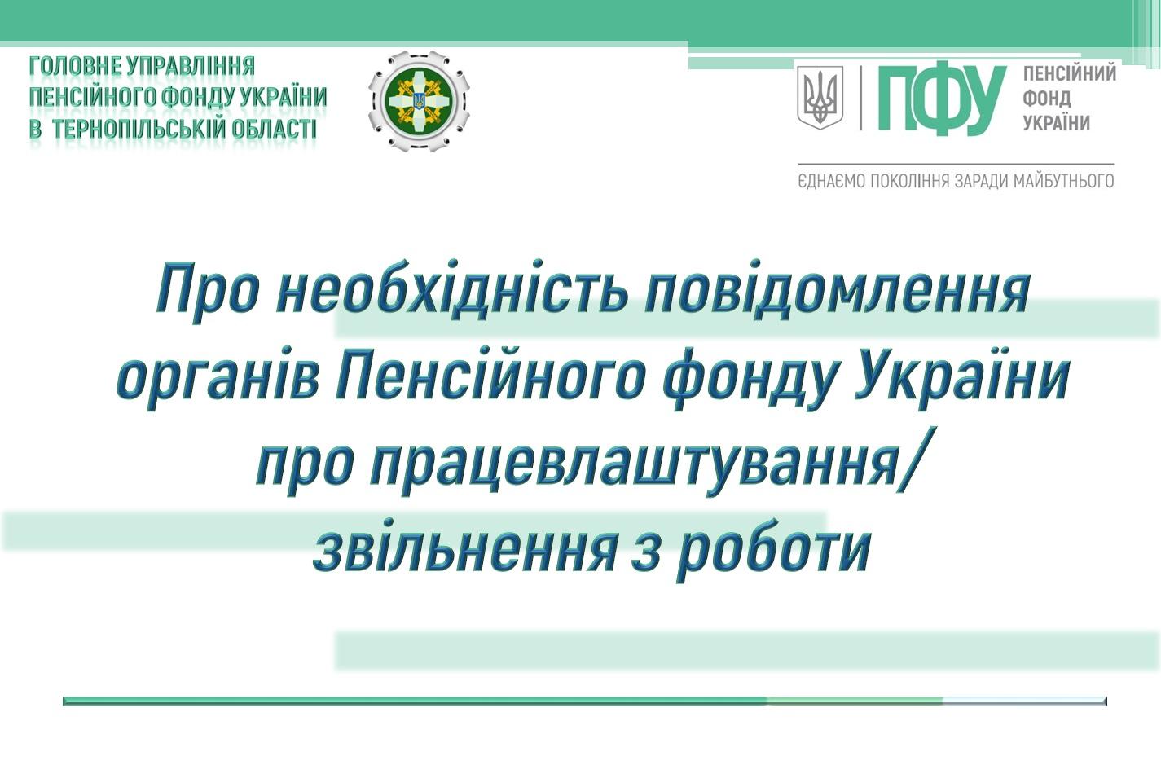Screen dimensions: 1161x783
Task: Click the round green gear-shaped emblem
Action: click(x=419, y=100)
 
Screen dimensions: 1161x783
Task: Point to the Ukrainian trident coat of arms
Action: click(x=820, y=97)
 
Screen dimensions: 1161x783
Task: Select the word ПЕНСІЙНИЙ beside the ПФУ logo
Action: click(x=1070, y=73)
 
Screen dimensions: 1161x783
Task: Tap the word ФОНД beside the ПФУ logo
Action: click(x=1047, y=99)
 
